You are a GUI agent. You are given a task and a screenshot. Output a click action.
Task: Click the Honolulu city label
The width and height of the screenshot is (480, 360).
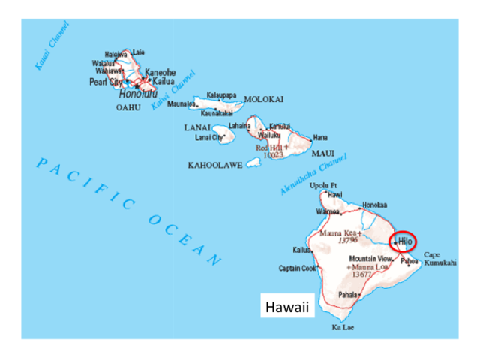tap(138, 94)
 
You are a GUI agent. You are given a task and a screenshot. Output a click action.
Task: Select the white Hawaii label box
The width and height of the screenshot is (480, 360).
tap(288, 306)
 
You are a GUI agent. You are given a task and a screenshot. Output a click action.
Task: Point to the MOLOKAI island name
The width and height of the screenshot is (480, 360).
tap(263, 99)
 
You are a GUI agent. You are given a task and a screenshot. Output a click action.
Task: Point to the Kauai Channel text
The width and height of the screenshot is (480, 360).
tap(52, 46)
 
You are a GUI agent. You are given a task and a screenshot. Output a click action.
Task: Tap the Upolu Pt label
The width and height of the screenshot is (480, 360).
tap(323, 185)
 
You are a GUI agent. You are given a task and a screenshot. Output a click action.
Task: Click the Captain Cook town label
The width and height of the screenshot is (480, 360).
tap(298, 268)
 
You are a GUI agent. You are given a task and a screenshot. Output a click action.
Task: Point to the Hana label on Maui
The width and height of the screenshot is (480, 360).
tap(320, 138)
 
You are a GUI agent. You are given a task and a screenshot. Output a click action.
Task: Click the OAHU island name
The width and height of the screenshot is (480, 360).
tap(128, 108)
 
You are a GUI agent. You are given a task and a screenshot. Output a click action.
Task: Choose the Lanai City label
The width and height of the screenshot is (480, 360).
tap(209, 138)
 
